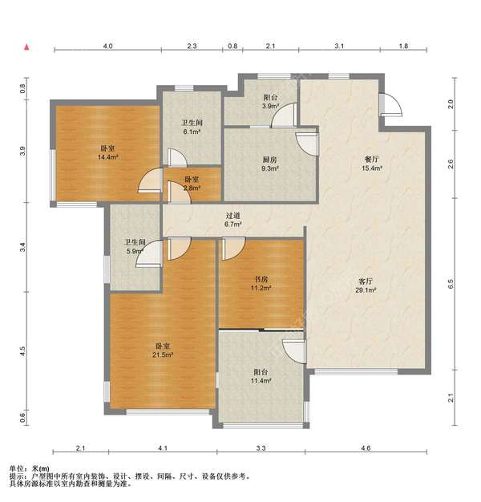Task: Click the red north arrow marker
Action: click(27, 47)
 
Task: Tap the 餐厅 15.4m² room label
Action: click(371, 164)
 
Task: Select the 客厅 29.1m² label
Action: click(366, 285)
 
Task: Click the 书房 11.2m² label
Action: click(261, 283)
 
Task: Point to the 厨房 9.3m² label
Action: click(269, 164)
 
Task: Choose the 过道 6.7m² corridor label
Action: click(232, 220)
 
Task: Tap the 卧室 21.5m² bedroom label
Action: click(163, 350)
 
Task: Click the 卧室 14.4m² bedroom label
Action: click(108, 152)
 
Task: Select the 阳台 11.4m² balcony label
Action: click(261, 376)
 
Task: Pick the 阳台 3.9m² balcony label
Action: click(270, 102)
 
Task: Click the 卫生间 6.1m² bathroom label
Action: click(192, 127)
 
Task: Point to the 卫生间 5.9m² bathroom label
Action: click(135, 246)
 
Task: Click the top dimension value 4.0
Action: click(107, 46)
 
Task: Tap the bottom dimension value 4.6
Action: click(366, 448)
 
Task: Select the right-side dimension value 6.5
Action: click(451, 284)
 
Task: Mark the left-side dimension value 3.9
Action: click(22, 151)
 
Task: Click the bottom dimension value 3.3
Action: click(261, 448)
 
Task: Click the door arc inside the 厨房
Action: click(307, 144)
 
